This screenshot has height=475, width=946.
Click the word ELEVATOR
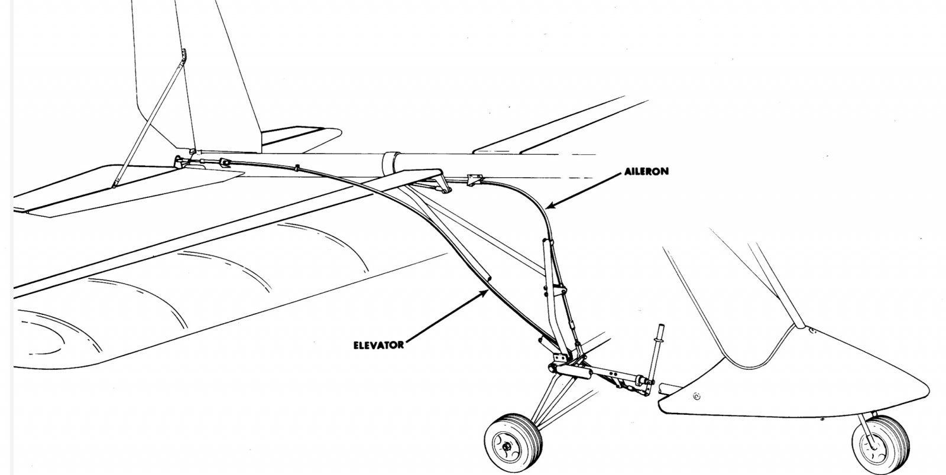tap(378, 345)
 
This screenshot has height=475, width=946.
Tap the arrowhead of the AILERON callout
tap(546, 207)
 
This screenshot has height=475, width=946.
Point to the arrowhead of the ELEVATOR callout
tap(485, 293)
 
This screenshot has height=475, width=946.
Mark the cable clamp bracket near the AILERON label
tap(472, 178)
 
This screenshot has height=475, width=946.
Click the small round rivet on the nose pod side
tap(696, 396)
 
